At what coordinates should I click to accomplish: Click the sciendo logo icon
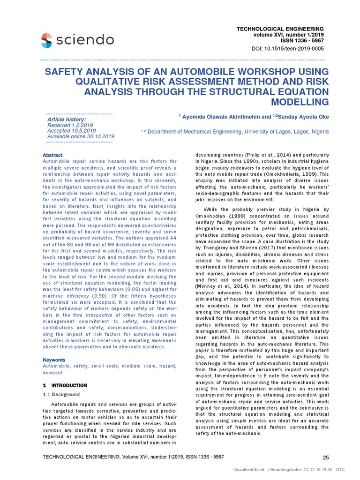[x=46, y=40]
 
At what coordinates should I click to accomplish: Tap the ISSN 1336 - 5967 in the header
[x=298, y=41]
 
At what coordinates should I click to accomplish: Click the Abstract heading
[x=52, y=155]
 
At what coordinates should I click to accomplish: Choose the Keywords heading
[x=54, y=360]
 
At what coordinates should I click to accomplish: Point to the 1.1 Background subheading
[x=61, y=395]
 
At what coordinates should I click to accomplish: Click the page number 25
[x=326, y=457]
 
